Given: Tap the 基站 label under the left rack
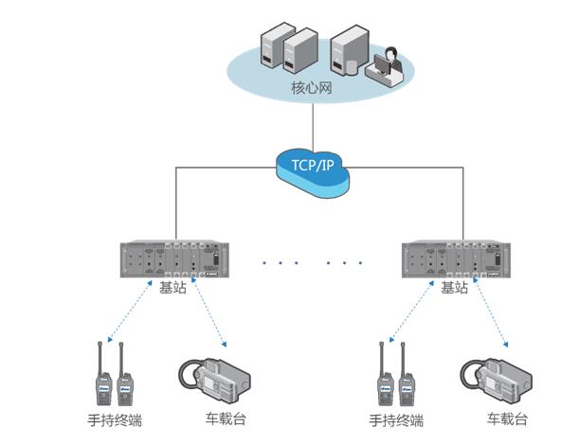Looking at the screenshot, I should click(x=172, y=287).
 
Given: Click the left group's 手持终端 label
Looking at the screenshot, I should click(x=115, y=419).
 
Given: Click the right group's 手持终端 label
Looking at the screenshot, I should click(x=395, y=419).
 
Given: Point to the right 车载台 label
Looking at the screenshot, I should click(x=508, y=418).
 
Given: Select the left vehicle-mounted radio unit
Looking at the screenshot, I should click(x=217, y=379).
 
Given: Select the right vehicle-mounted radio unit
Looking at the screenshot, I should click(x=497, y=379).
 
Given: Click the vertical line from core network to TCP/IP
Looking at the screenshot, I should click(x=312, y=123).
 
